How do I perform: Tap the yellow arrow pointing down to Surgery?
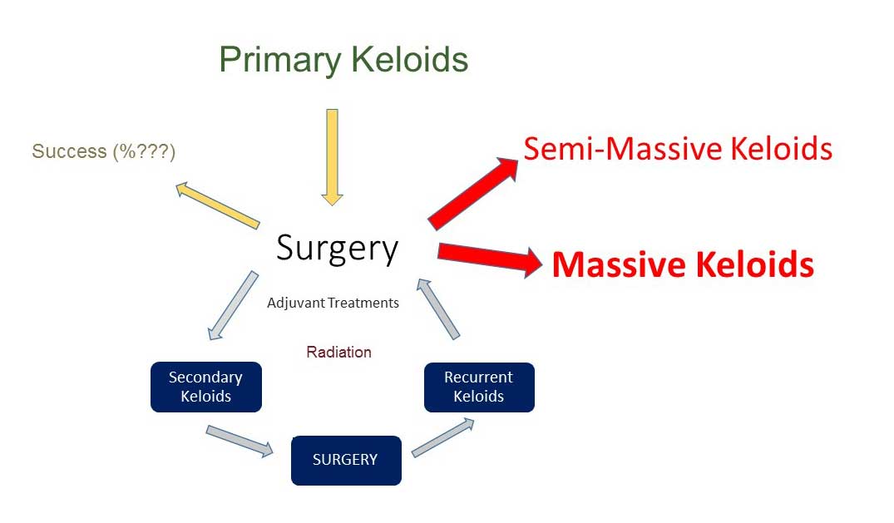tap(332, 157)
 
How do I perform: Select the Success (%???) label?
tap(104, 151)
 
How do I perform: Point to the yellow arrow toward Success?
tap(217, 205)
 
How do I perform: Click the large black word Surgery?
tap(337, 249)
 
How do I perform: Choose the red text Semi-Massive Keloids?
tap(678, 149)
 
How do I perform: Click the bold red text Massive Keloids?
tap(683, 264)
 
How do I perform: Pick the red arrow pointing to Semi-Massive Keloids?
tap(473, 194)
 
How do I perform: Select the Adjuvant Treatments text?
tap(333, 303)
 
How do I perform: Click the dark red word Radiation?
tap(338, 352)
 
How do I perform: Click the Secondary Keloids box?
tap(206, 387)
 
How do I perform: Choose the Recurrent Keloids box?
tap(480, 387)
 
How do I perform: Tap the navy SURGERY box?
tap(346, 461)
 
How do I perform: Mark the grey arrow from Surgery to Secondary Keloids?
tap(233, 306)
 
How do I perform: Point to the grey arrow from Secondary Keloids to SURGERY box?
tap(240, 441)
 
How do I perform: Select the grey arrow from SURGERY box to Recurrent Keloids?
tap(443, 437)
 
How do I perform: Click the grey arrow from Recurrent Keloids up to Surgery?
tap(438, 309)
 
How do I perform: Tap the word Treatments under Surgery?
tap(363, 303)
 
